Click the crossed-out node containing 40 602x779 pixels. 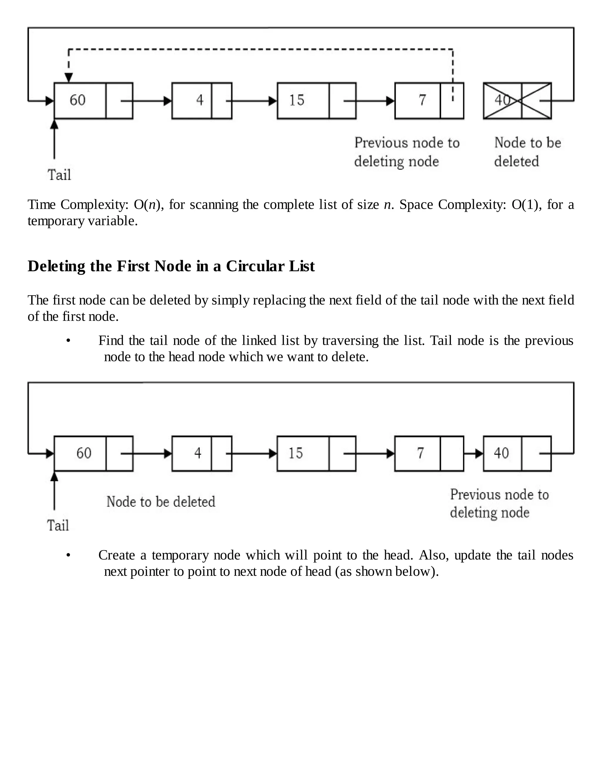click(x=517, y=101)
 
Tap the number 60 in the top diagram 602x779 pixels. click(x=77, y=100)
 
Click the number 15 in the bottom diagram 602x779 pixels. click(x=295, y=453)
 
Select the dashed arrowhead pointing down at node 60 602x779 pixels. click(x=69, y=77)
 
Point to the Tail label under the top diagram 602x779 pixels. click(x=59, y=175)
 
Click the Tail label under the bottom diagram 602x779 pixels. click(x=58, y=526)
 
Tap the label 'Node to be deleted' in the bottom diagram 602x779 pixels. click(x=160, y=502)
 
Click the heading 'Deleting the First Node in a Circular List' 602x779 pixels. click(x=171, y=266)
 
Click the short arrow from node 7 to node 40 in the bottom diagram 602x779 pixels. click(x=474, y=454)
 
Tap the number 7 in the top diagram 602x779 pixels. click(x=422, y=100)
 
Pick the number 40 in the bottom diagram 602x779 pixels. click(x=501, y=453)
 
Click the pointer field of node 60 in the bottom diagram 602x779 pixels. click(x=119, y=454)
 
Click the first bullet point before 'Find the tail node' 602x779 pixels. click(x=68, y=341)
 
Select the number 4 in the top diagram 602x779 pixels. click(x=200, y=100)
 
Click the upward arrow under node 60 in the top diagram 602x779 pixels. click(x=54, y=139)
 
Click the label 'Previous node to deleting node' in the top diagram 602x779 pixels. click(x=407, y=152)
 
